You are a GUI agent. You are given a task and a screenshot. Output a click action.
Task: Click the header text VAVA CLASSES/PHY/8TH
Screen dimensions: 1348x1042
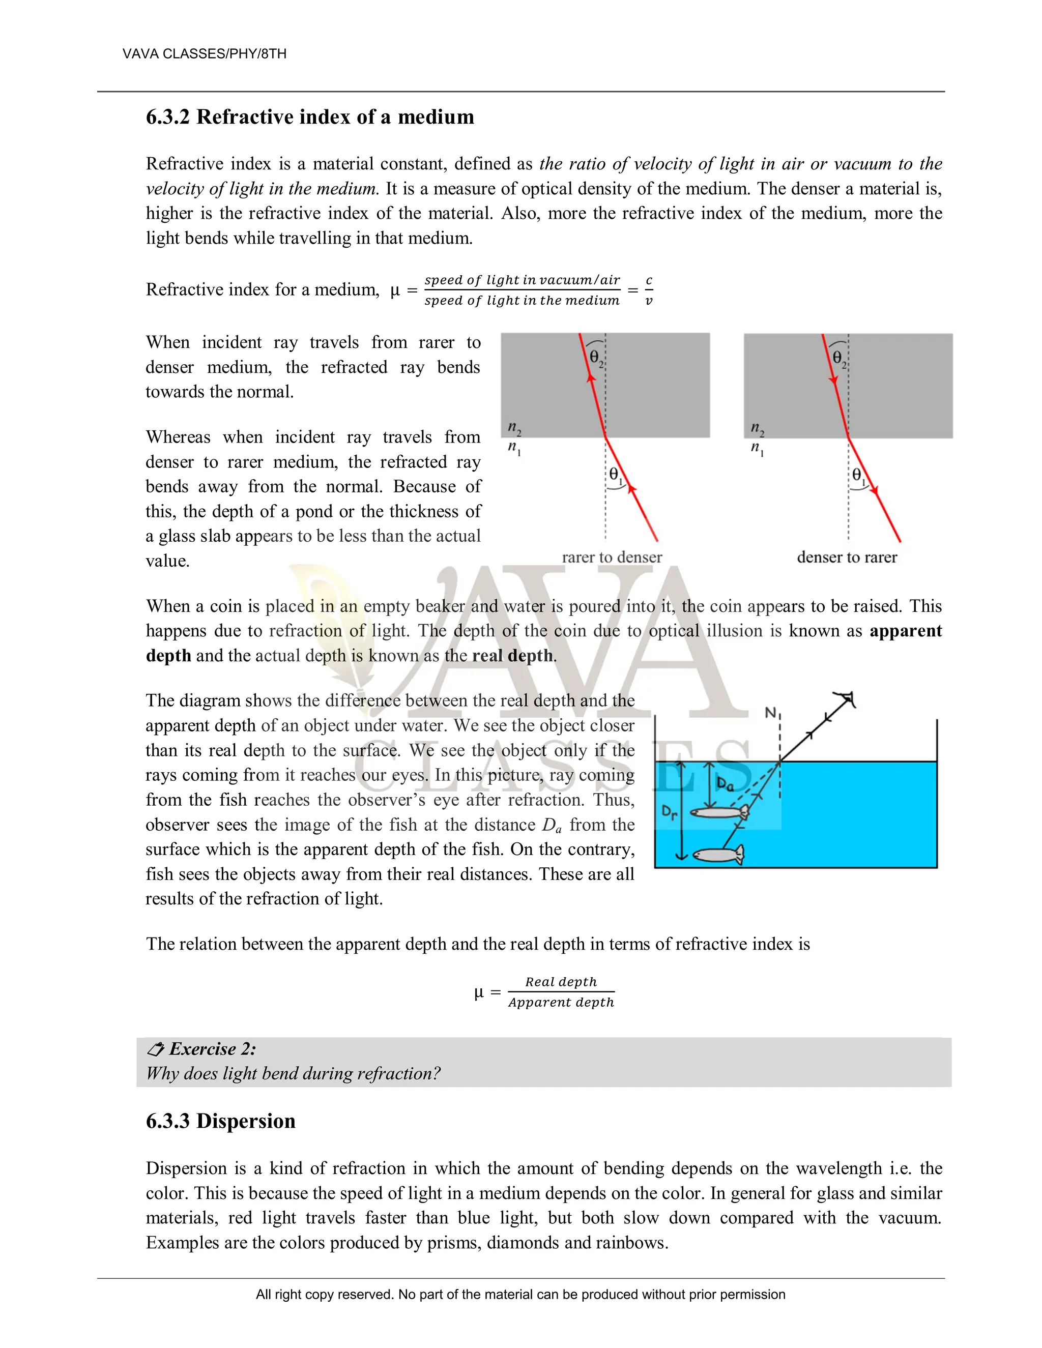coord(205,54)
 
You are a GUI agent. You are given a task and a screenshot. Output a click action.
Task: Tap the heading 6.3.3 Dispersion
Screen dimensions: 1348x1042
coord(220,1121)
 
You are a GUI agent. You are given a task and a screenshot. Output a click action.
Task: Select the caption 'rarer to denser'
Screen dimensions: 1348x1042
coord(612,558)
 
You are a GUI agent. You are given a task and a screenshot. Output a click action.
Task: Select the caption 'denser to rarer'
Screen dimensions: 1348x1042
coord(847,558)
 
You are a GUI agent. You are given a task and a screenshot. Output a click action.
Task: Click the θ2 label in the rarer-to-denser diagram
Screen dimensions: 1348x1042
coord(596,358)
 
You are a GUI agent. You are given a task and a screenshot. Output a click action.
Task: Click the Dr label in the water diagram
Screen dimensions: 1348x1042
coord(669,812)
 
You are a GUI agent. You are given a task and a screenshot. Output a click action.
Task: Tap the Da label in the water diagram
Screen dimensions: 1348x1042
coord(725,784)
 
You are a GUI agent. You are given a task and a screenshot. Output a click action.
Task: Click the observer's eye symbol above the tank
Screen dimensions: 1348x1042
coord(847,699)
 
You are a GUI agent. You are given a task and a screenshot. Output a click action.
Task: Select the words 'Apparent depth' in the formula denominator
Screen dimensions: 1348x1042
coord(561,1003)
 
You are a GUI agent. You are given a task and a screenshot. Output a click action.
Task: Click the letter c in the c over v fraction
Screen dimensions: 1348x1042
coord(649,280)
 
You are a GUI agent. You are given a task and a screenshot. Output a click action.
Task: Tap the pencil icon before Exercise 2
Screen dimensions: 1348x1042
coord(156,1049)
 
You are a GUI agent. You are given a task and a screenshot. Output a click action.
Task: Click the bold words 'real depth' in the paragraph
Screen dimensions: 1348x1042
coord(512,656)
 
